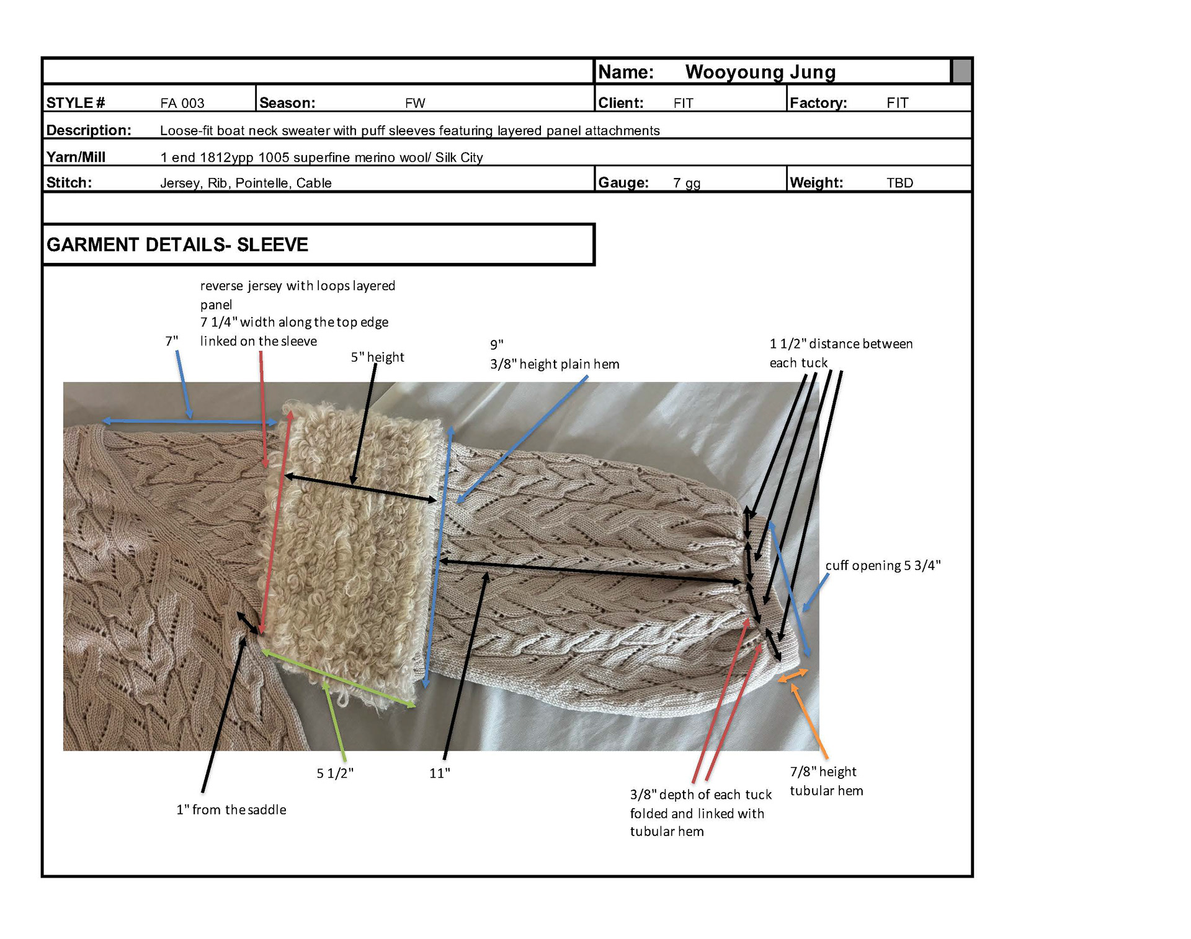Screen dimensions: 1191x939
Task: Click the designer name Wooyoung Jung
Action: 760,73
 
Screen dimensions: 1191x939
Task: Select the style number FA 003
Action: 182,103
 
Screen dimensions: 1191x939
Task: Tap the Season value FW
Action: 415,103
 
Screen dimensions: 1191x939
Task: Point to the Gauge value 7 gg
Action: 687,183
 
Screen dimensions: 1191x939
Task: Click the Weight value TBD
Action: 899,183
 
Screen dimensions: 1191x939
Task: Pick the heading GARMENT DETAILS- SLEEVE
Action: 177,245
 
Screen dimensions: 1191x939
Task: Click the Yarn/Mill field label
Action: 76,157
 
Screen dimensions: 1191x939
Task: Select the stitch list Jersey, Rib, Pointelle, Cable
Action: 246,183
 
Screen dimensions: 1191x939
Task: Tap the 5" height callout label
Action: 377,357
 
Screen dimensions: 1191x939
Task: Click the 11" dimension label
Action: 439,773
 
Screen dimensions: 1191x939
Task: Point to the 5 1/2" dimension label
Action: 335,773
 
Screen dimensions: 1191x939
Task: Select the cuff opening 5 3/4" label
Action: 883,566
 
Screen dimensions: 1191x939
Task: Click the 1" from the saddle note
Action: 231,810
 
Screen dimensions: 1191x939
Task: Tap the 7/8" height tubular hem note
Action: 826,781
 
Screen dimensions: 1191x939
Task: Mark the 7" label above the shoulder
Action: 171,341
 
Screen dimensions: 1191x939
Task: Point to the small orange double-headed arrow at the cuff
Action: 793,676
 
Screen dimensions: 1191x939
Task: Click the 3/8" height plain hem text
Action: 555,364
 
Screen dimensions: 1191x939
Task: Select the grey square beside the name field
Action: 961,71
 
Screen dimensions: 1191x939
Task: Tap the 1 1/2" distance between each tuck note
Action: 841,353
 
